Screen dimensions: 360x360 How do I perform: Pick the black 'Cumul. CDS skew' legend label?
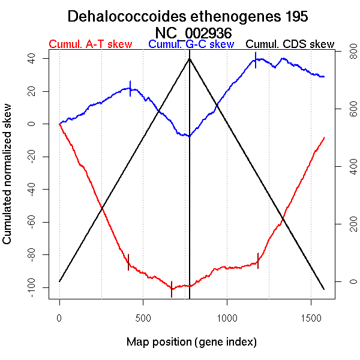pos(290,44)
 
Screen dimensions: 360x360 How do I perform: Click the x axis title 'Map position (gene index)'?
pos(191,342)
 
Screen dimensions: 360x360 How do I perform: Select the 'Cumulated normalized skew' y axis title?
pos(8,181)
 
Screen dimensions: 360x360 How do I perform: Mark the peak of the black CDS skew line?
pos(190,58)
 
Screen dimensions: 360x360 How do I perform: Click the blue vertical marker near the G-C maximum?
pos(256,60)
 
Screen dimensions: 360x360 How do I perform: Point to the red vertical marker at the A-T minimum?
pos(172,289)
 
